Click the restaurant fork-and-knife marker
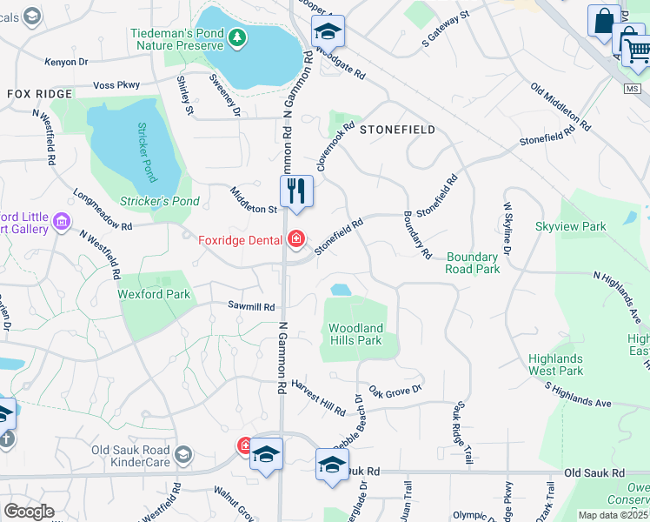click(x=296, y=189)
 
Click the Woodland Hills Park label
click(x=355, y=334)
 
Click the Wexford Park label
click(x=154, y=295)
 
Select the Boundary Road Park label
click(x=474, y=263)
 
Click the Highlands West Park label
click(x=555, y=365)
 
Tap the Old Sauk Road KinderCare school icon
click(x=182, y=453)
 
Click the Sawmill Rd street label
click(x=251, y=307)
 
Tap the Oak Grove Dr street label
click(x=395, y=390)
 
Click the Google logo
click(x=29, y=511)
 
